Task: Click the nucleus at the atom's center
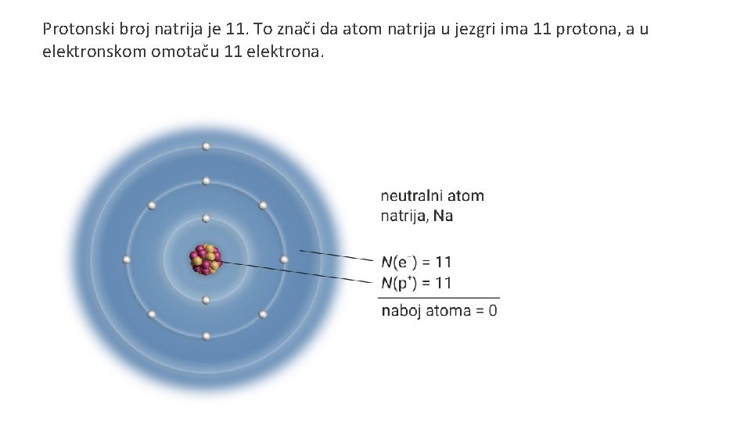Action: click(206, 259)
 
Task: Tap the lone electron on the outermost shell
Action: click(206, 146)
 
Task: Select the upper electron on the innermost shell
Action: click(206, 218)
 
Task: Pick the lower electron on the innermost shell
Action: click(206, 299)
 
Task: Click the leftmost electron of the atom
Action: click(127, 259)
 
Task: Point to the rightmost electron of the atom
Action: click(284, 259)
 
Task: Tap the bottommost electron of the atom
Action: click(206, 336)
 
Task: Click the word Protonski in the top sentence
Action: click(77, 30)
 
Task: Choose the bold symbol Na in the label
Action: click(443, 216)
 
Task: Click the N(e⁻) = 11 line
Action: click(416, 262)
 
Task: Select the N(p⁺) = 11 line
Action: click(416, 282)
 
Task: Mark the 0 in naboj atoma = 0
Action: click(492, 310)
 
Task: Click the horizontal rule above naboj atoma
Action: click(438, 297)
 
